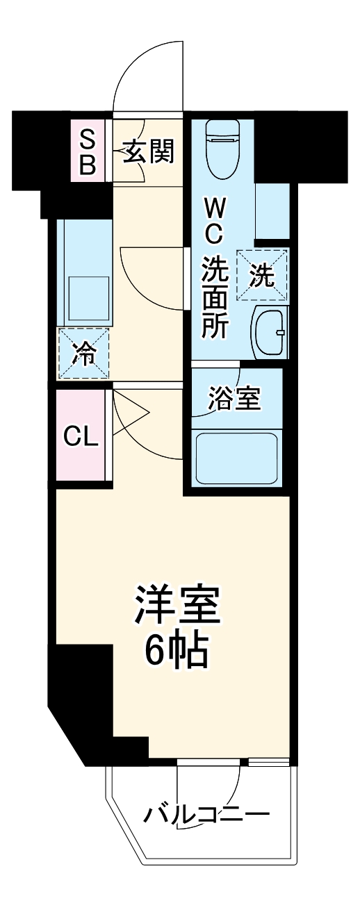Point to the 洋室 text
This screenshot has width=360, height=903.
click(177, 606)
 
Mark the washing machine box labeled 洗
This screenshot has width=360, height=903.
click(262, 276)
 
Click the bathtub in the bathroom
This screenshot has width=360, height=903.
click(236, 458)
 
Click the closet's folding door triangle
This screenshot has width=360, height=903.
click(131, 415)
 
